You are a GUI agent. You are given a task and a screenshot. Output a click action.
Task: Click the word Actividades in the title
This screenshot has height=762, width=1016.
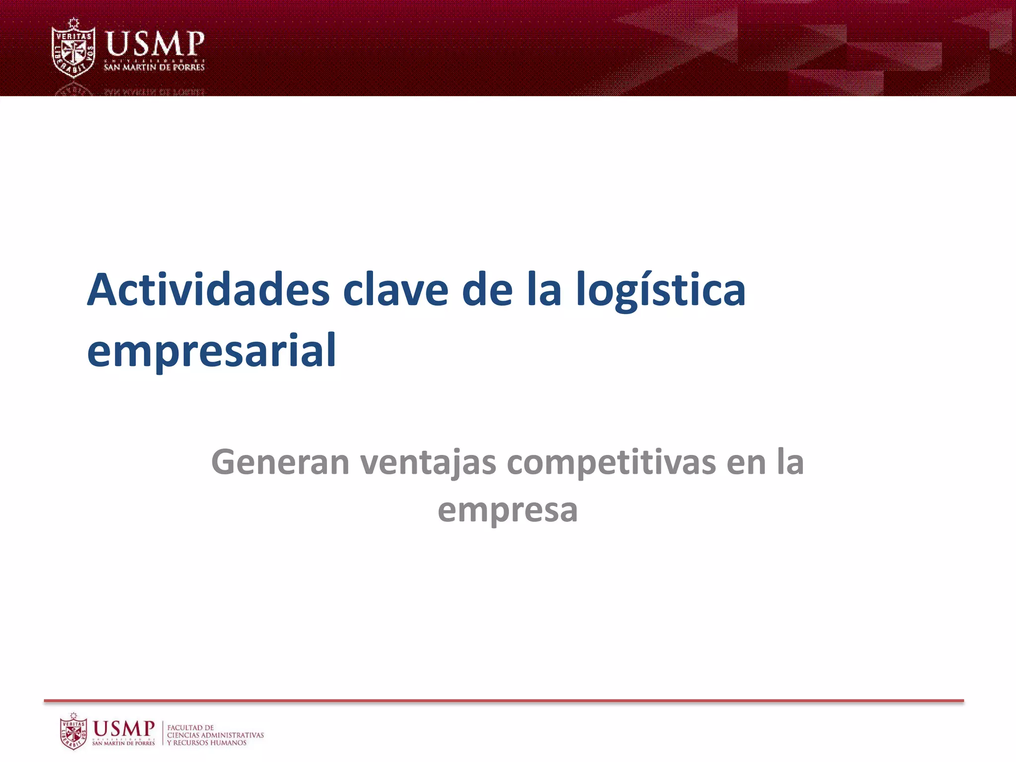pos(208,290)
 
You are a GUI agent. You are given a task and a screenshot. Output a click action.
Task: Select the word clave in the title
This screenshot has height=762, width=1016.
pos(395,290)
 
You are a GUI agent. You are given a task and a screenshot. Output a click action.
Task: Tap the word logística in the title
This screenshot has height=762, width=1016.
pos(661,291)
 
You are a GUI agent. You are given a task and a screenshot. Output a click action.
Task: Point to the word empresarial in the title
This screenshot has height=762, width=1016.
pos(212,350)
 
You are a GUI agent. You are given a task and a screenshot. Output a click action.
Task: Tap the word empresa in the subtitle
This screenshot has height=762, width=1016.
pos(508,510)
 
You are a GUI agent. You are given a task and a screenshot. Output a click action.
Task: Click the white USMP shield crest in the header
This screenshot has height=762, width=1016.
pos(73,48)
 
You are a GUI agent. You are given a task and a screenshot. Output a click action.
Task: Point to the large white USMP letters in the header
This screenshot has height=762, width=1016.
pos(155,44)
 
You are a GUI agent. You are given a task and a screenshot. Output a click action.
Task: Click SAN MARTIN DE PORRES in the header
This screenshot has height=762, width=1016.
pos(154,67)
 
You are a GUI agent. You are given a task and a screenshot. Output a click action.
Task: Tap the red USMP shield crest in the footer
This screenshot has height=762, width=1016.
pos(73,731)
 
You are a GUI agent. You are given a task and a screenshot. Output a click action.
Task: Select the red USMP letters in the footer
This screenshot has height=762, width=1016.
pos(124,728)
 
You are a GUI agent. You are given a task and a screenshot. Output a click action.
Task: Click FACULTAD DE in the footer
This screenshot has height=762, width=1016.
pos(190,727)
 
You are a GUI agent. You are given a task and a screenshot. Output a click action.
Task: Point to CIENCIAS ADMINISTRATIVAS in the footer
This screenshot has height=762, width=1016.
pos(215,735)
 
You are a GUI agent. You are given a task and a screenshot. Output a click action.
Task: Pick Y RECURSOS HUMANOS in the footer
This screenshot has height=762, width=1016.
pos(206,743)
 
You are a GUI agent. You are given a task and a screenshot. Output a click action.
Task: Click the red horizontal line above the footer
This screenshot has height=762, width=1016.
pos(504,700)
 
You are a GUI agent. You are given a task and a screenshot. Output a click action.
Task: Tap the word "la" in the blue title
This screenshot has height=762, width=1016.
pos(544,290)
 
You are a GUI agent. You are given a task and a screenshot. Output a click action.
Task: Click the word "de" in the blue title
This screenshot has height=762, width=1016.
pos(487,290)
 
